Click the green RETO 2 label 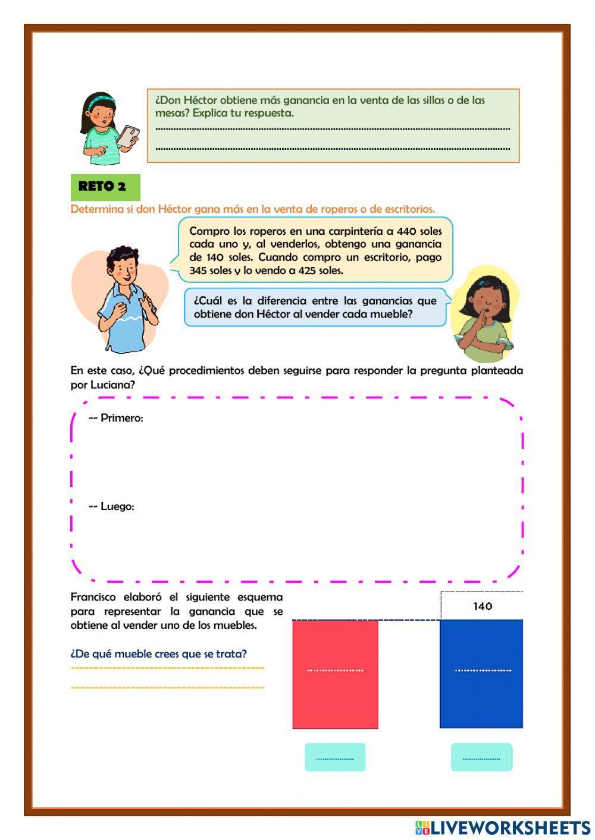(x=105, y=187)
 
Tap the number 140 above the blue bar (x=482, y=606)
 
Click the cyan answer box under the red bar (x=335, y=757)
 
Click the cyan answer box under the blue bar (x=481, y=757)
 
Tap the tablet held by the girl (x=128, y=136)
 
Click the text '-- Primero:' (x=116, y=418)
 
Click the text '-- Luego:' (x=111, y=506)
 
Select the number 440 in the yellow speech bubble (x=406, y=231)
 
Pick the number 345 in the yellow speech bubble (x=198, y=270)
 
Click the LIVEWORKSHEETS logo (x=502, y=828)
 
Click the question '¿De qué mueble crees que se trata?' (x=158, y=654)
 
